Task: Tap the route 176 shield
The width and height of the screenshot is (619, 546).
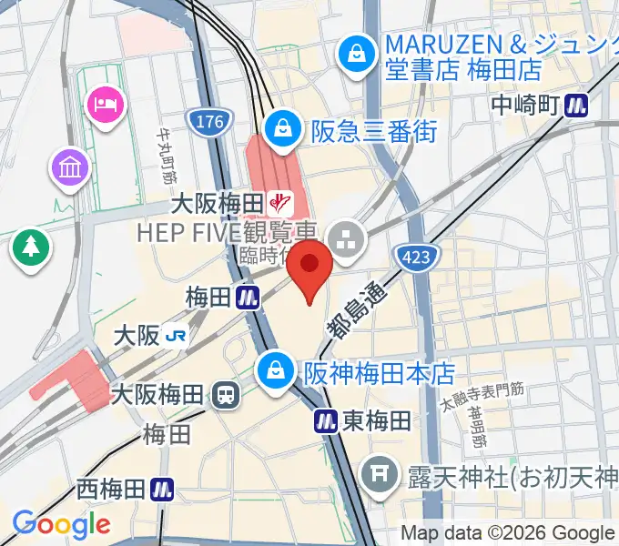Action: tap(211, 121)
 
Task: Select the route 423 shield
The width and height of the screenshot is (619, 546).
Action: tap(413, 257)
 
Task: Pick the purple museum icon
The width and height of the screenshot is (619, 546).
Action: tap(69, 167)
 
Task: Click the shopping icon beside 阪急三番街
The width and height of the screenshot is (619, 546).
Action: tap(285, 128)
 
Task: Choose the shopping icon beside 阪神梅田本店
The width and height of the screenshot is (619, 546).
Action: tap(273, 370)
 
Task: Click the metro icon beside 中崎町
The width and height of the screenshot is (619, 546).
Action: tap(576, 105)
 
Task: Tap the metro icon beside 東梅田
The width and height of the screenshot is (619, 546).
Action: tap(327, 420)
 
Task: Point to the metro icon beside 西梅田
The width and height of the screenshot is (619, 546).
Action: tap(163, 490)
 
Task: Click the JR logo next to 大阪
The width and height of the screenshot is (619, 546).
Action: tap(178, 336)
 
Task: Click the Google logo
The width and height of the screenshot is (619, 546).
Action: tap(61, 524)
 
